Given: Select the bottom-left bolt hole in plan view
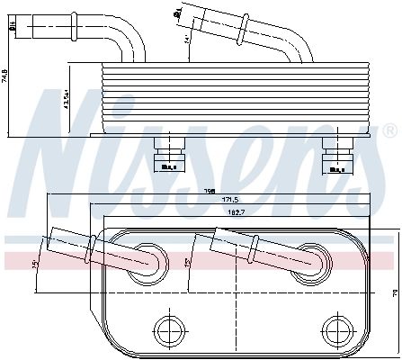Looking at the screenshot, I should pyautogui.click(x=167, y=328).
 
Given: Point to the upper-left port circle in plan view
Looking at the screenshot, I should pyautogui.click(x=146, y=260).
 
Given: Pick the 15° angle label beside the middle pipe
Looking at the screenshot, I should pyautogui.click(x=187, y=262).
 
